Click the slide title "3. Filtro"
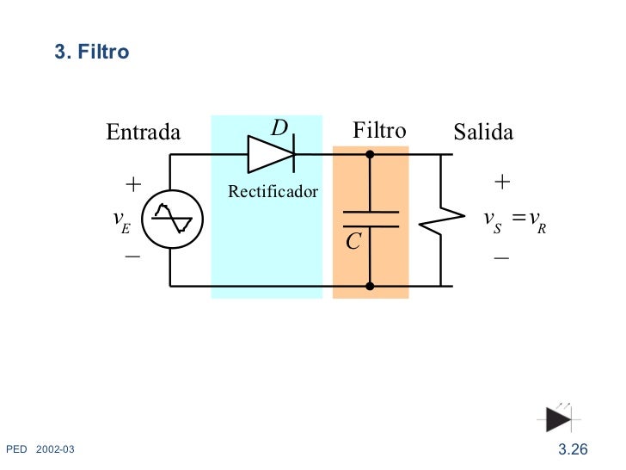coord(92,53)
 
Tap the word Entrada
coord(143,132)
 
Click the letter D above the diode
coord(279,128)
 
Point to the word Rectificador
coord(273,191)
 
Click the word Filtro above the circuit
coord(379,131)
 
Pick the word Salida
coord(483,132)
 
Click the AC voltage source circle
coord(171,220)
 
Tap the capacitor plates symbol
coord(370,219)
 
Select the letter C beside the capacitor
coord(353,243)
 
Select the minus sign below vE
coord(132,257)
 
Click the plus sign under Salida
coord(503,182)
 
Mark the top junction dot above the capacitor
coord(370,155)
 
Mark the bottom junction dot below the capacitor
coord(370,286)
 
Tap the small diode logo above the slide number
coord(558,418)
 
